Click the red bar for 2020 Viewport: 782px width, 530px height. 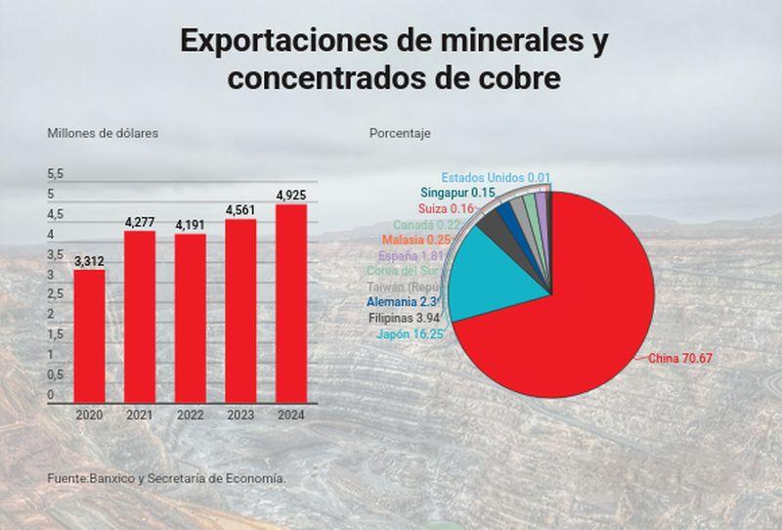(x=89, y=335)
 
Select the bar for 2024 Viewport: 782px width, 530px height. (x=291, y=303)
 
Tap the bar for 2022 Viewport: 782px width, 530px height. (x=191, y=318)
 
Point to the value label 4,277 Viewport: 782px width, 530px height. (x=140, y=223)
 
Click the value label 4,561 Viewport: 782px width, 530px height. (x=241, y=210)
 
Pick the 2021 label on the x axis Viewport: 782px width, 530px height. (x=140, y=415)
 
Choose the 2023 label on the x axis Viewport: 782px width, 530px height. (x=241, y=415)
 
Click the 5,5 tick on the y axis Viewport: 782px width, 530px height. (x=56, y=174)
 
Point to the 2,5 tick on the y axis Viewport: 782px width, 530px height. (x=56, y=294)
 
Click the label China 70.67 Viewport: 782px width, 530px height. (x=680, y=359)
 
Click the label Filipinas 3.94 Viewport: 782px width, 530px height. (x=405, y=319)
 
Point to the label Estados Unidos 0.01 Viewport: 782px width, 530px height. (x=496, y=178)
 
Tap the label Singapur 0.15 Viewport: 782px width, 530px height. (x=459, y=194)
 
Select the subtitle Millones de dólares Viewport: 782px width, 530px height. (x=103, y=133)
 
